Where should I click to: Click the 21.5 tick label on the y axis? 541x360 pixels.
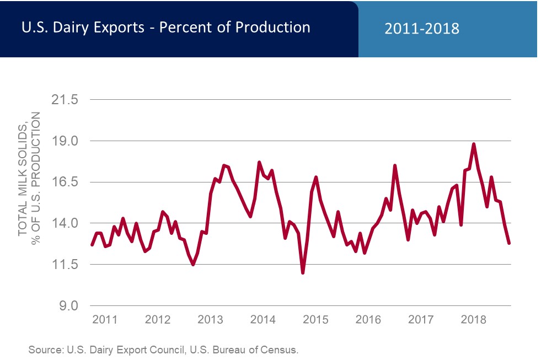pos(66,100)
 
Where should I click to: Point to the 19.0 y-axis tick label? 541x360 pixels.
pos(66,141)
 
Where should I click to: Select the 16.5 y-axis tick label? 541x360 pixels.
pos(66,182)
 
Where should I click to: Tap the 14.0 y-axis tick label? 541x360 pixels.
pos(66,223)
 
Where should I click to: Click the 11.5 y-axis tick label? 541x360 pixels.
pos(66,265)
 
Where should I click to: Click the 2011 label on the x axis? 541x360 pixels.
pos(105,319)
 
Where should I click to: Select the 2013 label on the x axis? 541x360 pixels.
pos(210,319)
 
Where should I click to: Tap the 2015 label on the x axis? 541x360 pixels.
pos(315,319)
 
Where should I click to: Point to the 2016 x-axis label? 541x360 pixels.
pos(368,319)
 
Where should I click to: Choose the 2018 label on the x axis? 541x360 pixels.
pos(473,319)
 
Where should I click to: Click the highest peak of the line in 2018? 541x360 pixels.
pos(474,144)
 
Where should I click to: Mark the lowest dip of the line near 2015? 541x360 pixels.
pos(303,272)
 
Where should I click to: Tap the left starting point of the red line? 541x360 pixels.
pos(92,245)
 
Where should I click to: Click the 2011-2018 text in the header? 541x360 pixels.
pos(422,29)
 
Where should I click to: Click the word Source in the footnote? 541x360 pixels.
pos(46,350)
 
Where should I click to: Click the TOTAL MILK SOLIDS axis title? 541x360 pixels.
pos(23,174)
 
